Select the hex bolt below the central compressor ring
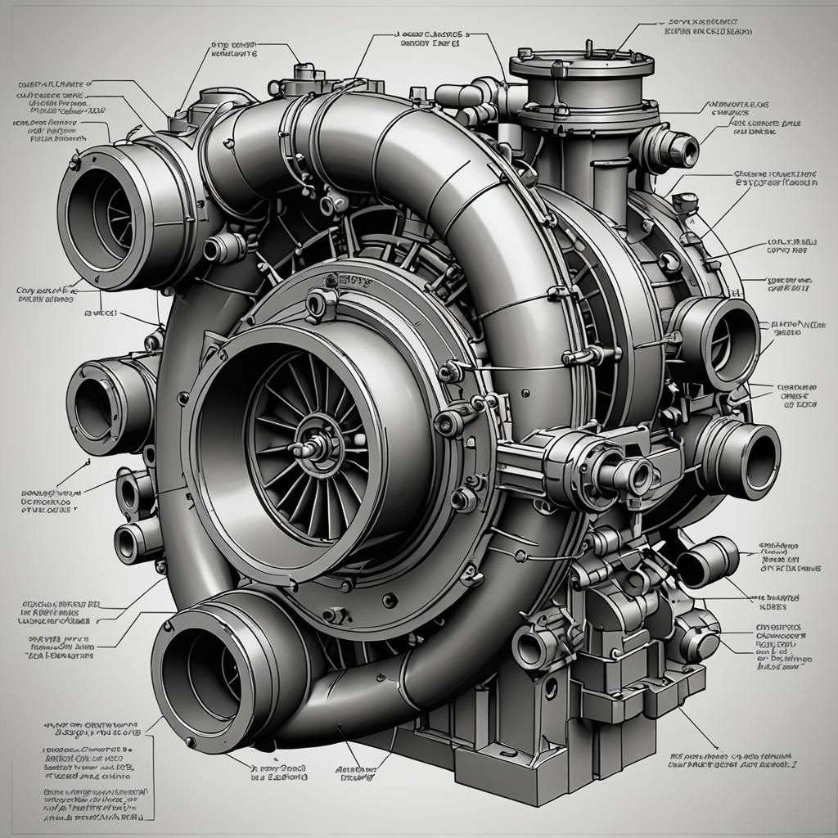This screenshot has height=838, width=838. (336, 614)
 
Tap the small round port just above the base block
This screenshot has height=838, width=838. (533, 647)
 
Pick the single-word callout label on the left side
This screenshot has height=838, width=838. (99, 313)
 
